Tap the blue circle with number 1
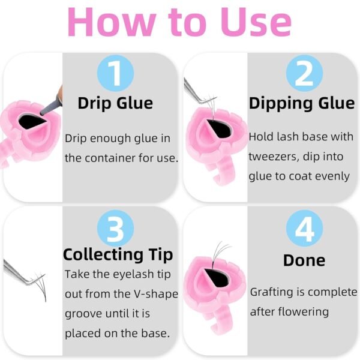coord(115,73)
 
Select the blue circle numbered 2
coord(304,73)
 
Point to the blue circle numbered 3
coord(115,228)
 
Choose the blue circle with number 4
coord(304,228)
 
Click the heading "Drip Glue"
coord(115,103)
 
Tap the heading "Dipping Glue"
coord(302,103)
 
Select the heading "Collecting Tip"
coord(118,255)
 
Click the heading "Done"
coord(304,260)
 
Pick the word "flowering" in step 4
coord(303,312)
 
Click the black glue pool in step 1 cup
coord(32,121)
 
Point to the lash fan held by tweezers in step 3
coord(40,284)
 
